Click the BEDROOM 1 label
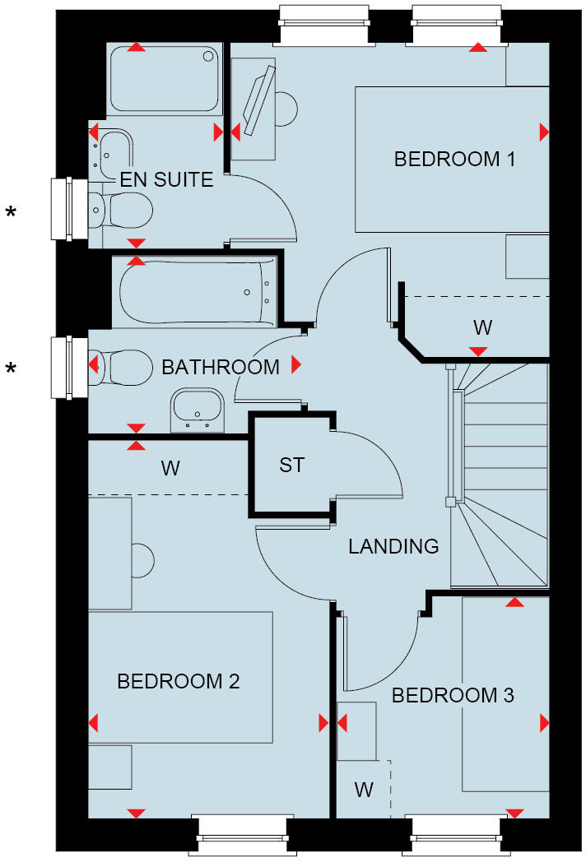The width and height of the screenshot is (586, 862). (x=454, y=159)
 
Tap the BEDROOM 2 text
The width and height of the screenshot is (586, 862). (x=179, y=681)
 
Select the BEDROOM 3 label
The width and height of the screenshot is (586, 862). (x=453, y=695)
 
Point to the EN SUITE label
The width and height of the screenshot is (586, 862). (x=167, y=179)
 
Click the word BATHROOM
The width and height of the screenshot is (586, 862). (x=221, y=367)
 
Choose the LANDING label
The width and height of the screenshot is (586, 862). (x=393, y=546)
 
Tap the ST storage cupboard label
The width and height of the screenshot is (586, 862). (x=291, y=465)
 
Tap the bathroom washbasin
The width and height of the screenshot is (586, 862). (x=197, y=409)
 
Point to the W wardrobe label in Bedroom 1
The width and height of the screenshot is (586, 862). (x=482, y=327)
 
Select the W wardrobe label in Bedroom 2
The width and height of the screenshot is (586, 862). (x=170, y=468)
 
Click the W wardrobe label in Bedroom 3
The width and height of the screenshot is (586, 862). (x=364, y=790)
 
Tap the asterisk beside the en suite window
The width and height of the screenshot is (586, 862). (x=12, y=214)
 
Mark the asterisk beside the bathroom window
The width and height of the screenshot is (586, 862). (x=12, y=368)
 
